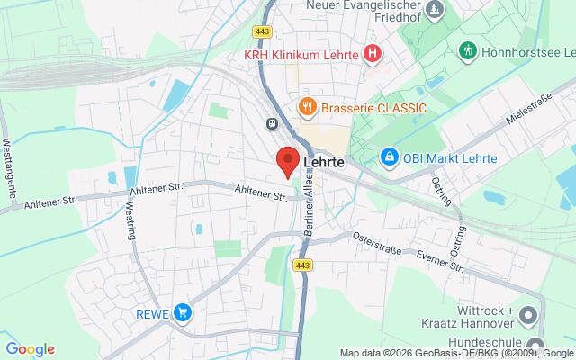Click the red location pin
coord(287,162)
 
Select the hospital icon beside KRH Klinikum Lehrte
coord(373,55)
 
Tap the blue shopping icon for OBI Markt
coord(389,157)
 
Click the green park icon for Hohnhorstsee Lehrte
coord(467,50)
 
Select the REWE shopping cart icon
coord(184,312)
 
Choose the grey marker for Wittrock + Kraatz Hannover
coord(528,315)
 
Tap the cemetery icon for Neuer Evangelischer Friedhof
coord(436,10)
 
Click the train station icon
coord(271,123)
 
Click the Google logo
coord(30,349)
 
